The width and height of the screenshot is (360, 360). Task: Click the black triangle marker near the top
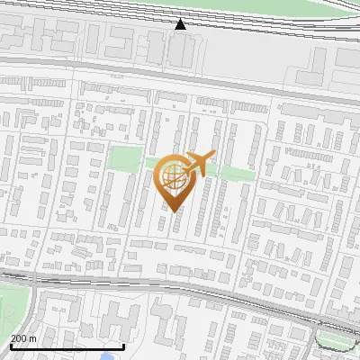181,24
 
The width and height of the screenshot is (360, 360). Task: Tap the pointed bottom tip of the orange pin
174,210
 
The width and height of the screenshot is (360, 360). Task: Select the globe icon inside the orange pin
174,177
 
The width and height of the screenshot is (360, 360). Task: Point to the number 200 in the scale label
18,338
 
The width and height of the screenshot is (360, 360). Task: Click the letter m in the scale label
33,338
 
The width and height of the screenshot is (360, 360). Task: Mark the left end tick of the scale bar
10,346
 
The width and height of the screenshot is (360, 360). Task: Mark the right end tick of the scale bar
124,346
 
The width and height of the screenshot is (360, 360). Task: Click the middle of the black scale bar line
67,346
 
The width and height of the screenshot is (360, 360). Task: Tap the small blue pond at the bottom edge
107,356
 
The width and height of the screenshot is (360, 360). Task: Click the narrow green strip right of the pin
236,172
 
